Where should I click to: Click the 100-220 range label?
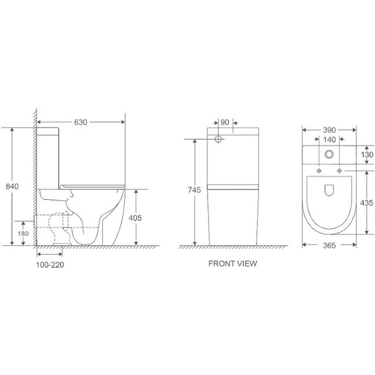pos(50,264)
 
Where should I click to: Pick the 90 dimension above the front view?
pos(225,122)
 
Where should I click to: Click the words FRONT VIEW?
pos(232,264)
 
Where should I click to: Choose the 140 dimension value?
pos(329,139)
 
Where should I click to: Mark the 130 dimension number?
pos(367,155)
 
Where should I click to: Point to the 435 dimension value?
pos(367,202)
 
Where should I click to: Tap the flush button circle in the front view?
pos(219,139)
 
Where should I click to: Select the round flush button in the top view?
pos(330,155)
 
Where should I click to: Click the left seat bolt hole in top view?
pos(319,171)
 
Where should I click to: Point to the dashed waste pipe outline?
pos(52,219)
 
